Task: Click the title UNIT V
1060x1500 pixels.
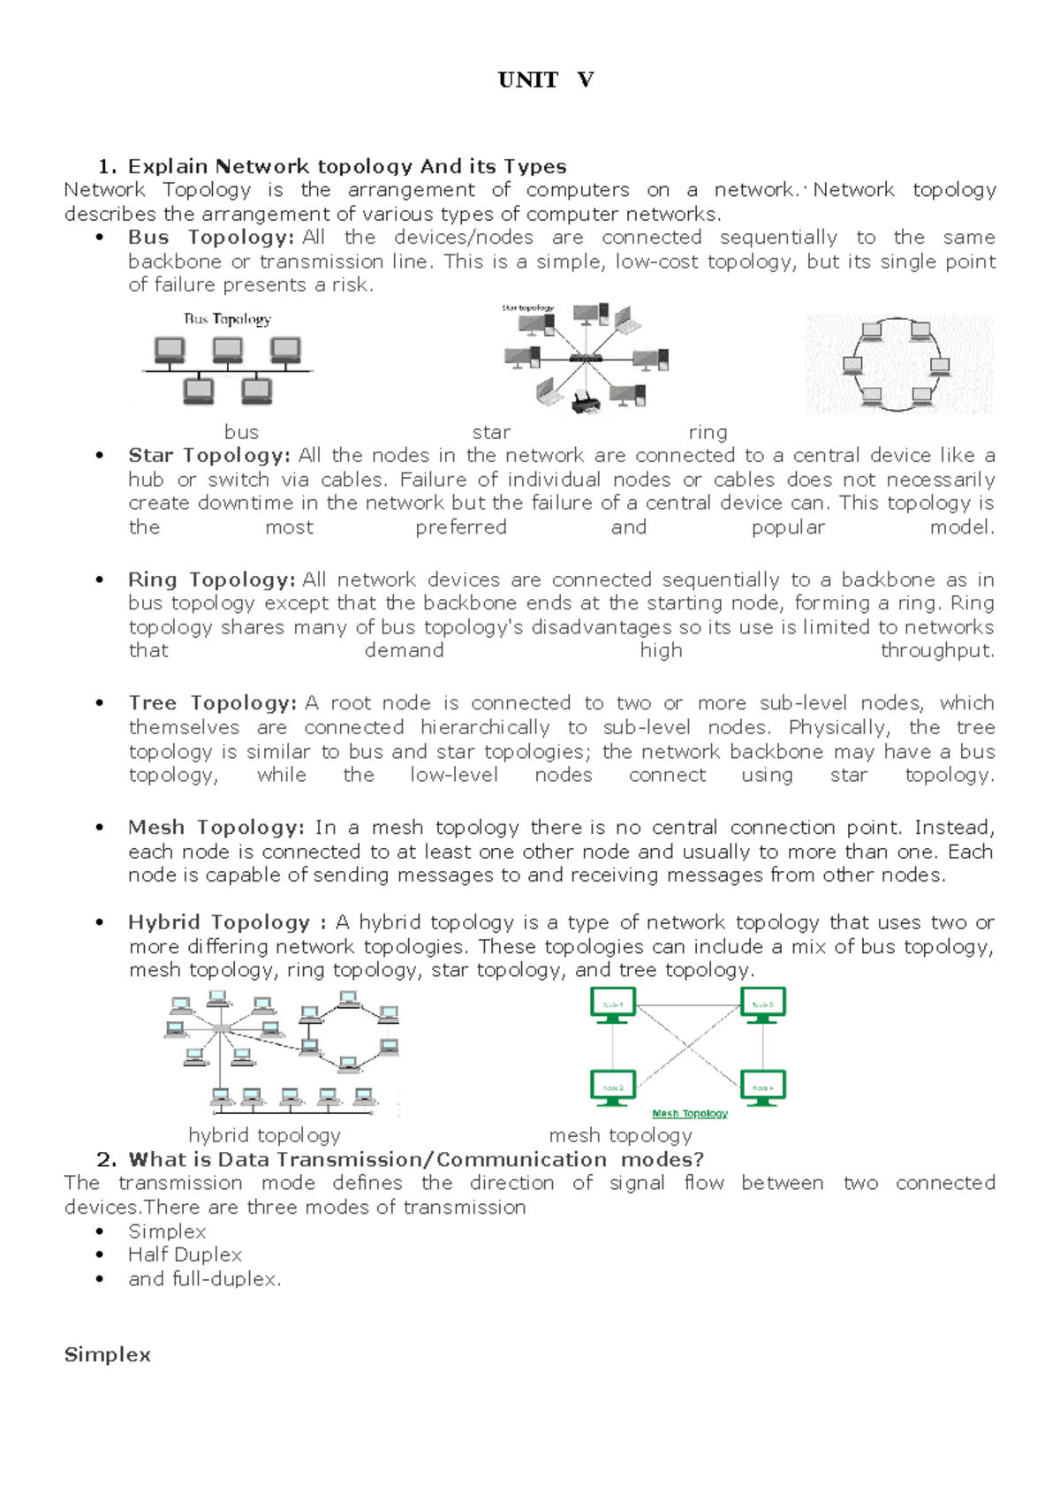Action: tap(545, 80)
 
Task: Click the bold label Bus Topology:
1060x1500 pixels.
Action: tap(210, 238)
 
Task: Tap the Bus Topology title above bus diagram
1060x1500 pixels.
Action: tap(227, 319)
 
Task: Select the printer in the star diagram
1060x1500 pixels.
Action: tap(585, 402)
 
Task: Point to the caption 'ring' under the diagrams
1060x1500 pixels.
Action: tap(708, 432)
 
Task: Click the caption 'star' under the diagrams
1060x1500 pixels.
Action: tap(491, 432)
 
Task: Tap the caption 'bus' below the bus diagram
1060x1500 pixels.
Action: tap(241, 432)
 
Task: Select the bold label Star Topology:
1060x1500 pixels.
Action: tap(208, 456)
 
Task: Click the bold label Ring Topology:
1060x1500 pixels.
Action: tap(211, 580)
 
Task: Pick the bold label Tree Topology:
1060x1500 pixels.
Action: tap(212, 703)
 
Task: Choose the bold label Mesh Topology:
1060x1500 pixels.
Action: tap(216, 828)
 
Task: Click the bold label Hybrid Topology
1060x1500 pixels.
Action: tap(219, 922)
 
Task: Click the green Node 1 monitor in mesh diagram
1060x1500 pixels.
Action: tap(612, 1005)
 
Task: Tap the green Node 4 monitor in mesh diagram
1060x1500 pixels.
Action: tap(762, 1087)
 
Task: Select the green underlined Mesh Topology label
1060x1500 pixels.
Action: tap(689, 1114)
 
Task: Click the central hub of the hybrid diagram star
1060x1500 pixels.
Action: tap(220, 1030)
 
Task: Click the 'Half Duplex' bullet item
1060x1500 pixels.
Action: tap(185, 1255)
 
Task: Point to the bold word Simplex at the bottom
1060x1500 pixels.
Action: tap(107, 1355)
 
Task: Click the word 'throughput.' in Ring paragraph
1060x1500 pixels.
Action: tap(937, 651)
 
